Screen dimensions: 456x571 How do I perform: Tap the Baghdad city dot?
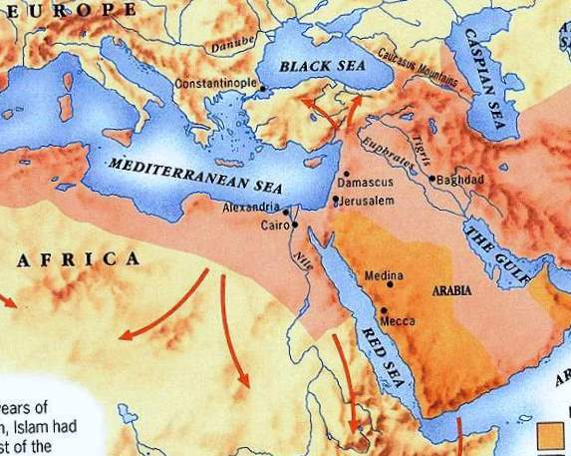pos(431,179)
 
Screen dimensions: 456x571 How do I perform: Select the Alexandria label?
pos(249,208)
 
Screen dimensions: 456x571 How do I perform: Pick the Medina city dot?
pos(388,285)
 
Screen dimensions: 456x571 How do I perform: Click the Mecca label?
pos(397,321)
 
